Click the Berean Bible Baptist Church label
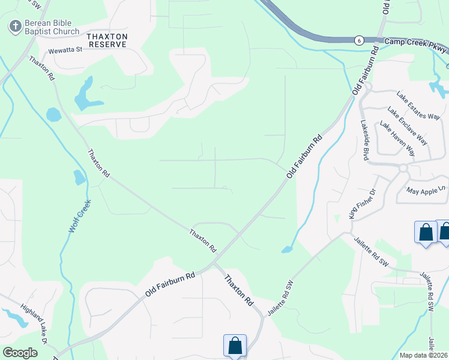[x=52, y=27]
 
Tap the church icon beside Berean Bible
[x=14, y=26]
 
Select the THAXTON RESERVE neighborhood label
[x=107, y=40]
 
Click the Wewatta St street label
[x=65, y=51]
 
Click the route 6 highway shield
[x=358, y=40]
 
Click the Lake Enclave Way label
[x=407, y=126]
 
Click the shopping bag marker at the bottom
[x=235, y=346]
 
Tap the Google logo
[x=20, y=353]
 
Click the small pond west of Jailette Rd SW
[x=286, y=250]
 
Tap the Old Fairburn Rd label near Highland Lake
[x=170, y=285]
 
